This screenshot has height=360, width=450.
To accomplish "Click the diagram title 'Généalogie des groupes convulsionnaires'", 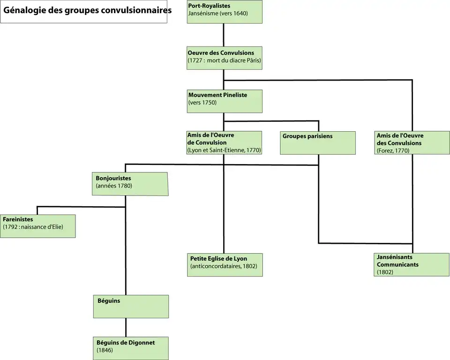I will point(84,10).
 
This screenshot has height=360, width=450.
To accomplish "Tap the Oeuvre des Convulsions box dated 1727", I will point(224,58).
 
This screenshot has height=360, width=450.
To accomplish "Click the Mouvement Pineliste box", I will point(224,101).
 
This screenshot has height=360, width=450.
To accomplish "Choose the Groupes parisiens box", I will point(318,143).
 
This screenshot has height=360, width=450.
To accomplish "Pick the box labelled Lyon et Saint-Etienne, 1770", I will point(224,143).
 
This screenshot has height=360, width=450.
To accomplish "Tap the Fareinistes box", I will point(37,226).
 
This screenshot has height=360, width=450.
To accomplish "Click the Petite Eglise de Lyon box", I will point(224,265).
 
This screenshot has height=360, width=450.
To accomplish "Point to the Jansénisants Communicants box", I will point(412,265).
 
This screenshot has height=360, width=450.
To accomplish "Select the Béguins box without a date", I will point(130,307).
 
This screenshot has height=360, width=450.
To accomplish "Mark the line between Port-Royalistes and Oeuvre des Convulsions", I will point(224,35).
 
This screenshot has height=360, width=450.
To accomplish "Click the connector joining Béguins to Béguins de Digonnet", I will point(126,328).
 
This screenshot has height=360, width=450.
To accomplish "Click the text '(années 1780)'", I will point(114,186).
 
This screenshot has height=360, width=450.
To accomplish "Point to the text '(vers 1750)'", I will point(202,103).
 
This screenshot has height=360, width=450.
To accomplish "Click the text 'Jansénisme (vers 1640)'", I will point(217,14).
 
